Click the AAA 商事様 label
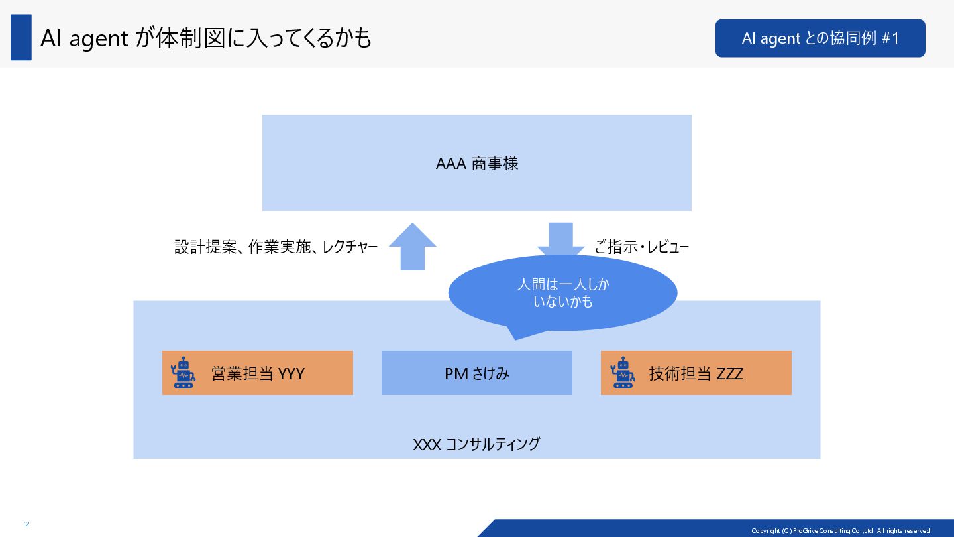coord(477,164)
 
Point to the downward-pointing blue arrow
coord(560,239)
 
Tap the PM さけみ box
coord(477,373)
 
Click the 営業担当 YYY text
coord(258,373)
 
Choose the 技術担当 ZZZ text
coord(696,373)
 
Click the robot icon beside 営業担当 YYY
coord(183,373)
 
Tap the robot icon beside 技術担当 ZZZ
coord(622,373)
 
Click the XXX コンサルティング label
coord(477,444)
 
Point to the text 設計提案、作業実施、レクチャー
coord(276,247)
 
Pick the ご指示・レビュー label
coord(641,247)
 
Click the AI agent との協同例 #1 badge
coord(820,38)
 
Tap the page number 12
coord(26,524)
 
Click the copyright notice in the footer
coord(841,530)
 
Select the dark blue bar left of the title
coord(21,37)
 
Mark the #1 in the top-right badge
coord(890,38)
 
